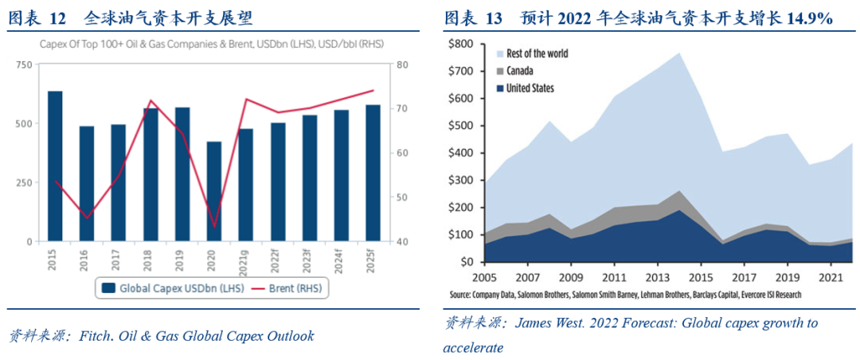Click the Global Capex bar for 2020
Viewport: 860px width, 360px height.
(214, 191)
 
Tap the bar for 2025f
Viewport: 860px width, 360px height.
(373, 173)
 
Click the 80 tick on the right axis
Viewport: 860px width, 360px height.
(403, 65)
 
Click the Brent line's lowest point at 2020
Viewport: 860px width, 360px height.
(214, 227)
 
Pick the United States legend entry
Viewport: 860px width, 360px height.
(530, 88)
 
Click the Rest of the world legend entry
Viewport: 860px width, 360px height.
(537, 53)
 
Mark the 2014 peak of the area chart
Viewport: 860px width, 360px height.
(679, 53)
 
